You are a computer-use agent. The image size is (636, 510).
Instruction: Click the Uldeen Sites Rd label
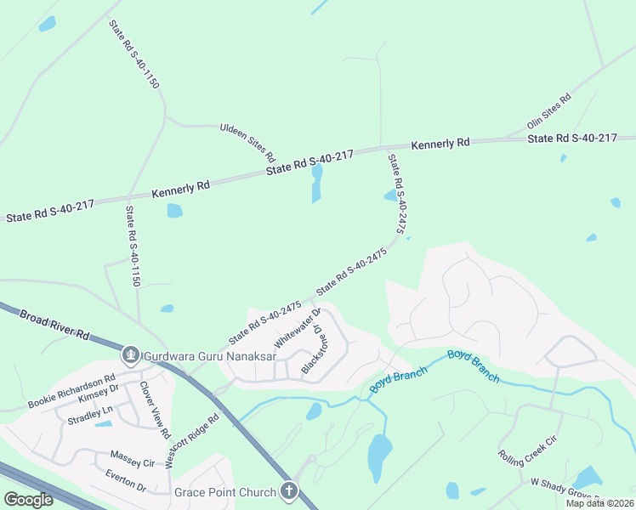tap(247, 142)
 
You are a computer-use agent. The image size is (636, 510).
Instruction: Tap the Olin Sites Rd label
tap(549, 110)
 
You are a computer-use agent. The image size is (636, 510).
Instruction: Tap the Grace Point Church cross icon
tap(290, 491)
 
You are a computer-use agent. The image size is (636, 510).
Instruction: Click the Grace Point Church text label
tap(225, 492)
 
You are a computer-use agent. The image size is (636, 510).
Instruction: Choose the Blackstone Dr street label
tap(312, 348)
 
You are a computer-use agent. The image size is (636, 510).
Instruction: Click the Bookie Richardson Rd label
tap(71, 390)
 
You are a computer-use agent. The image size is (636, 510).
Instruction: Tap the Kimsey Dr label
tap(98, 399)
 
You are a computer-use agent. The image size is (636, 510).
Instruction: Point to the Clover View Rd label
tap(156, 410)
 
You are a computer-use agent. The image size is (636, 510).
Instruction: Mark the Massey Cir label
tap(131, 463)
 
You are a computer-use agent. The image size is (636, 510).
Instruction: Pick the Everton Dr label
tap(126, 482)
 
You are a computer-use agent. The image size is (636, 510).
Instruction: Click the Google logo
tap(28, 500)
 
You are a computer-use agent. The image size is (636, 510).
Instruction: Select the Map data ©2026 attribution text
tap(599, 503)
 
